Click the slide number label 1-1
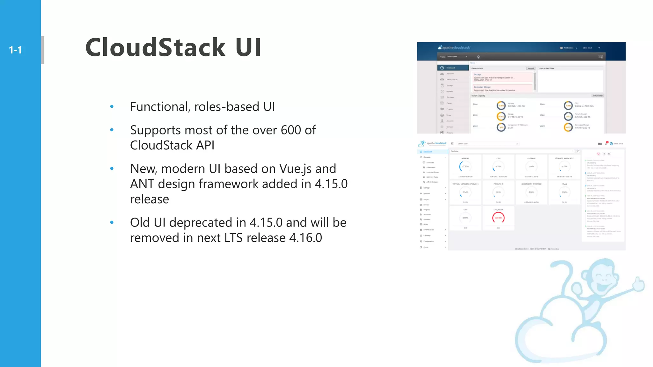click(15, 50)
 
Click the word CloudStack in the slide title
click(155, 47)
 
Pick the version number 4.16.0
click(305, 238)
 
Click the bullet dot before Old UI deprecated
click(112, 222)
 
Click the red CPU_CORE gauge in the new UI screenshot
click(498, 218)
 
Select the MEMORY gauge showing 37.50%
click(465, 166)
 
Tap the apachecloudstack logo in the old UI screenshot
click(454, 47)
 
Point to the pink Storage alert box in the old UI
click(502, 77)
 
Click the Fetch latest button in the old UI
click(598, 96)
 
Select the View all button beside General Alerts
click(531, 68)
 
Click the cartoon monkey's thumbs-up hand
click(638, 284)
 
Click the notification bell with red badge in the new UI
click(606, 143)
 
